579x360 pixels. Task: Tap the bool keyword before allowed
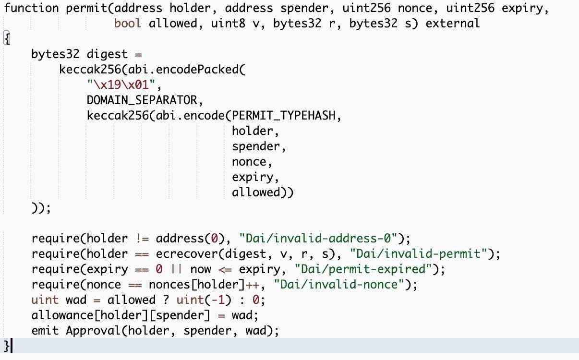tap(128, 23)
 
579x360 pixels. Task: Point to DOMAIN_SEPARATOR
tap(142, 100)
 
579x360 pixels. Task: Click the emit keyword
tap(45, 331)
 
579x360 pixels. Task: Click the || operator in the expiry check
tap(176, 269)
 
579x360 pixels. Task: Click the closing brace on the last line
tap(6, 346)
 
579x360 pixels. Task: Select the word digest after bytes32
tap(107, 54)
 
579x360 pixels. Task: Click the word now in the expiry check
tap(200, 269)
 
